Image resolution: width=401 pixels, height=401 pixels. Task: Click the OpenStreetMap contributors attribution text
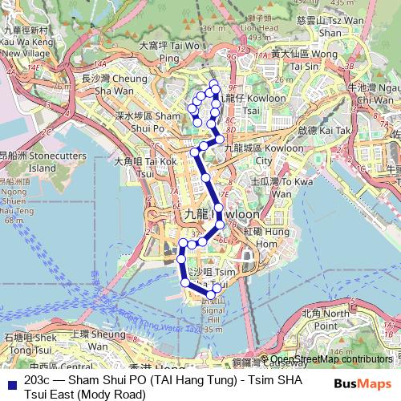(x=330, y=358)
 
